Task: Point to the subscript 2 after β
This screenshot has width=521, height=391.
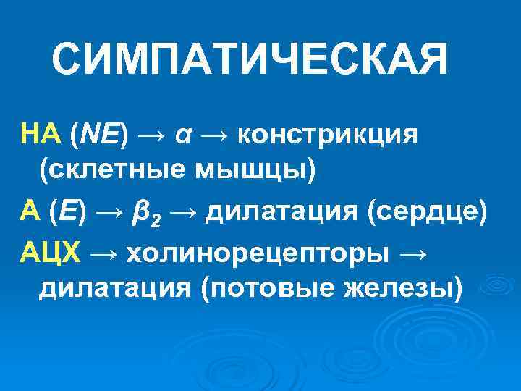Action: (x=153, y=219)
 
